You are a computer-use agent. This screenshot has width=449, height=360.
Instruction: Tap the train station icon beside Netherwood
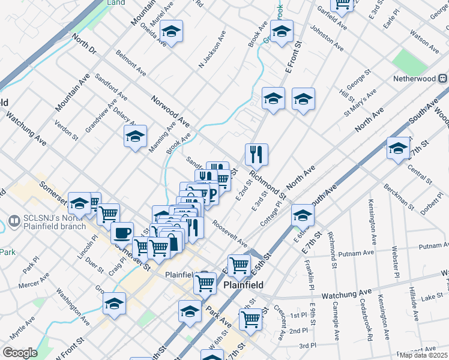click(x=442, y=79)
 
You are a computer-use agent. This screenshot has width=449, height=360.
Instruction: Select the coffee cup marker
click(x=122, y=232)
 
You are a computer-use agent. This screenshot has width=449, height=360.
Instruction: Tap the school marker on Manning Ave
click(x=135, y=137)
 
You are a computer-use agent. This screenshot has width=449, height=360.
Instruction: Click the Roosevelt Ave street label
click(x=230, y=236)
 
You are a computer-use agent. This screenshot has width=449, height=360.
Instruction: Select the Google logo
click(x=19, y=352)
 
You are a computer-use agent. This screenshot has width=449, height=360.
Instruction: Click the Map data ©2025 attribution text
click(x=423, y=355)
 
